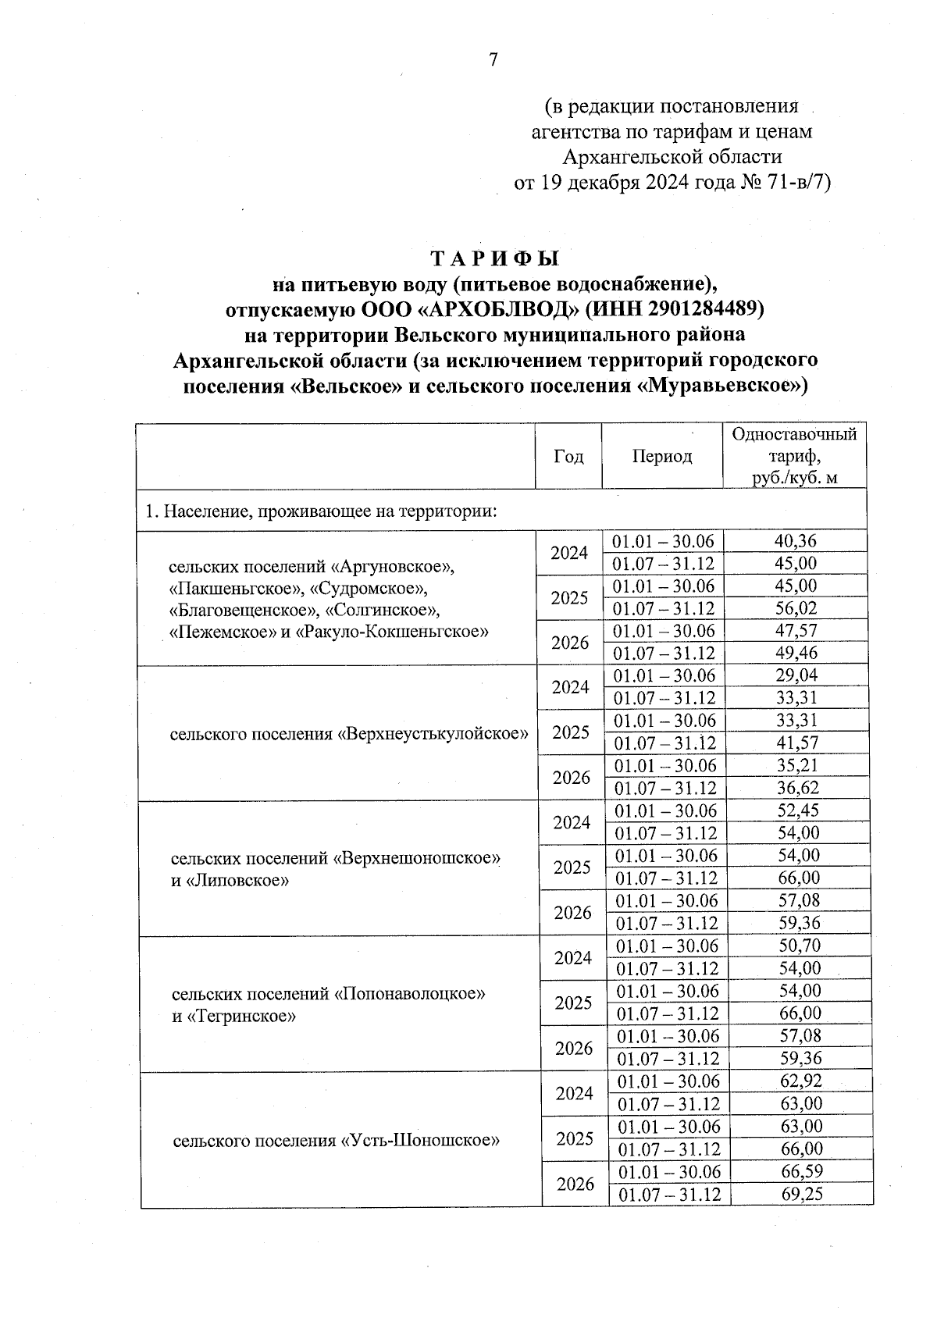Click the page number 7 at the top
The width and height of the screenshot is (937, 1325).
click(493, 60)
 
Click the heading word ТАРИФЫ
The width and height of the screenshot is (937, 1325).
click(496, 258)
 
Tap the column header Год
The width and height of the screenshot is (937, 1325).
click(568, 457)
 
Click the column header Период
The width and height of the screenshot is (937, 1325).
click(661, 457)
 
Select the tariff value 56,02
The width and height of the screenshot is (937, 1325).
click(796, 608)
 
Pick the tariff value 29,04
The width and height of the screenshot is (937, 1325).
click(797, 676)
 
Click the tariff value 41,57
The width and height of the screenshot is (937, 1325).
click(798, 743)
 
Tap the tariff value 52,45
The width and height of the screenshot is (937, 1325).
click(799, 810)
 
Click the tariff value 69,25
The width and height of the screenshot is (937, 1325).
click(802, 1194)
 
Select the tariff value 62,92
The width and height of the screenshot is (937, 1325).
click(801, 1081)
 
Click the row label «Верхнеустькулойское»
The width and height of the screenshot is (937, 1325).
click(433, 734)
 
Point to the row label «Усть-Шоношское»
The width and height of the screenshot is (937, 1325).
click(420, 1141)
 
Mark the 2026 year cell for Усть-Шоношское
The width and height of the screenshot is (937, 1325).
click(575, 1184)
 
